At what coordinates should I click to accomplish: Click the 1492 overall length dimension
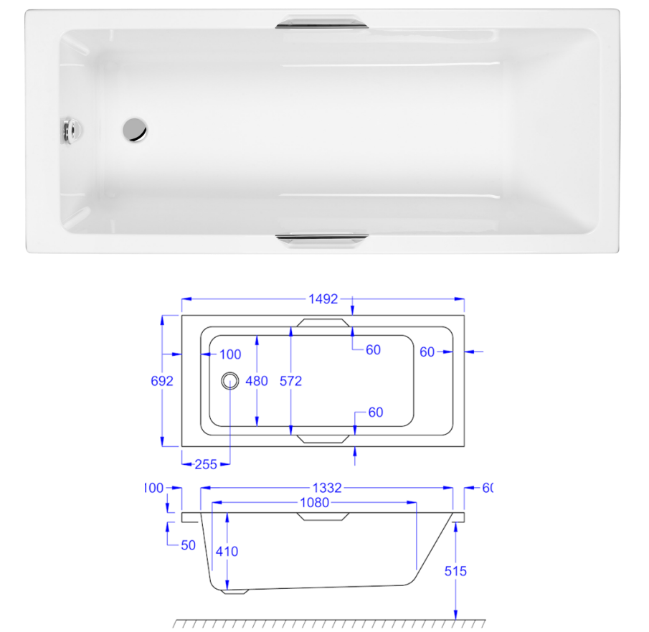coord(323,299)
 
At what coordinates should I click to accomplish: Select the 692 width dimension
coord(162,381)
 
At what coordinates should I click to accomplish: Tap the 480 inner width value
coord(257,381)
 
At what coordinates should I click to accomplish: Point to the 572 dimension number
coord(290,381)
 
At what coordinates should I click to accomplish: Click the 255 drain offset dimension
coord(206,464)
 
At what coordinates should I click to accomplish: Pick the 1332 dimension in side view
coord(327,488)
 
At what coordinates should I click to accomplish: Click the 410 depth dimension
coord(227,552)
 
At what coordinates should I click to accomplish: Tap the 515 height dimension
coord(455,571)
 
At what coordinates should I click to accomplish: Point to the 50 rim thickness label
coord(188,545)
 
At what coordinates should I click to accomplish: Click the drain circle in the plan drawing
coord(230,380)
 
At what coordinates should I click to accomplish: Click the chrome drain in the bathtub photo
coord(134,129)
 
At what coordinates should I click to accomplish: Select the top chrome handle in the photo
coord(322,22)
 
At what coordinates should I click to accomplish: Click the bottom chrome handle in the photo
coord(322,239)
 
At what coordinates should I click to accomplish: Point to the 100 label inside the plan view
coord(229,354)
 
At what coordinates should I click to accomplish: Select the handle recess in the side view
coord(323,517)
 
